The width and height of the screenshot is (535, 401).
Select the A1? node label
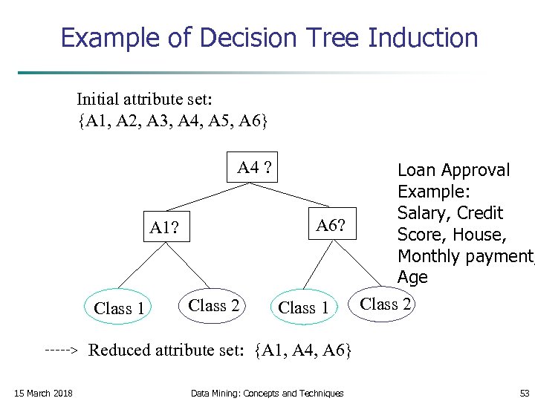click(x=168, y=227)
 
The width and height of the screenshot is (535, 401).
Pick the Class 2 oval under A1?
click(x=214, y=305)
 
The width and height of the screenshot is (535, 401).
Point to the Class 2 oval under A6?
click(x=386, y=304)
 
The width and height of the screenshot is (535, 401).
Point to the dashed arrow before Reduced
click(x=62, y=348)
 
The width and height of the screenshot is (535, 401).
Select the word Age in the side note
click(x=412, y=277)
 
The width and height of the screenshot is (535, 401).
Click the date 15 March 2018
click(x=44, y=393)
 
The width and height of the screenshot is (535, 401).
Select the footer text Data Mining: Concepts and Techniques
click(x=267, y=393)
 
